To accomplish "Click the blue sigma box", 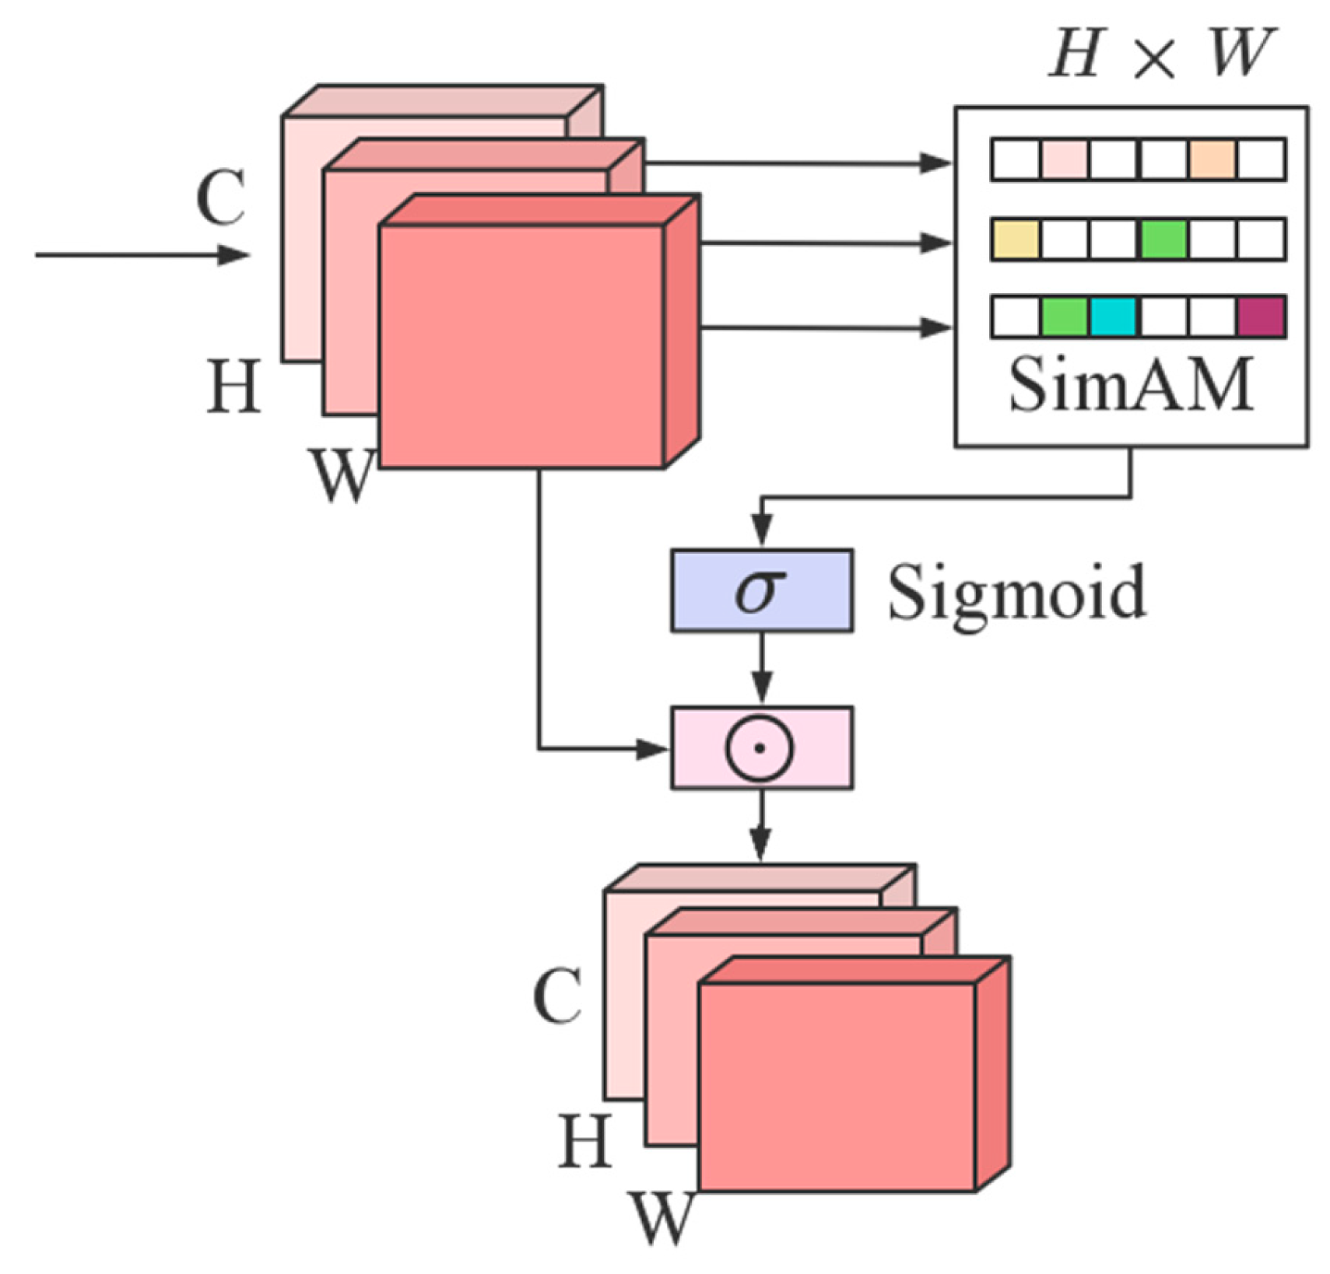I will [x=760, y=590].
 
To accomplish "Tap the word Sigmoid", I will [x=1016, y=594].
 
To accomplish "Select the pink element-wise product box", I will [x=760, y=747].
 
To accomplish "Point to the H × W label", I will [x=1161, y=54].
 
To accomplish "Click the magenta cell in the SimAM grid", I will [x=1260, y=317].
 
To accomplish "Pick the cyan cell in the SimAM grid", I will [x=1113, y=317].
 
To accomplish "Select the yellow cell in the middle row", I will [x=1016, y=239].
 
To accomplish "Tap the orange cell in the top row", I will [x=1212, y=159].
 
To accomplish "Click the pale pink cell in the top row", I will [x=1064, y=159].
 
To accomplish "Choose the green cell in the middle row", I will [x=1163, y=239].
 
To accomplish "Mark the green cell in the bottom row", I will [x=1064, y=317].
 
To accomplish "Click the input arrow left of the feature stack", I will [x=140, y=254].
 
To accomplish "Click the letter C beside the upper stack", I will [x=221, y=198].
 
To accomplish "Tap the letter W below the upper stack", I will [x=340, y=474].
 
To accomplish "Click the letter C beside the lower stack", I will [x=557, y=996].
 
